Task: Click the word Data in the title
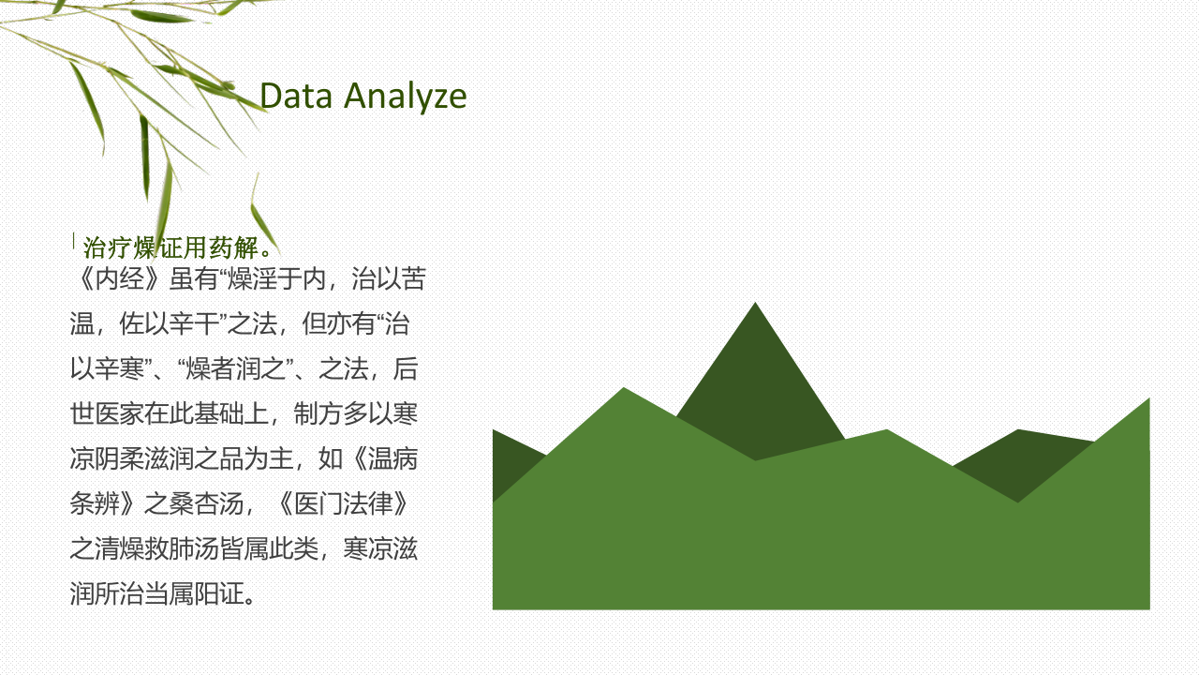tap(296, 96)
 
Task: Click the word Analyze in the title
tap(406, 97)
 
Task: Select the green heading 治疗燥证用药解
tap(171, 247)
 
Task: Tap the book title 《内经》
tap(119, 278)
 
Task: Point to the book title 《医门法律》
tap(344, 504)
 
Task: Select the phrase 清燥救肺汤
tap(155, 548)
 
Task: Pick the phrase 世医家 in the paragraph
tap(107, 414)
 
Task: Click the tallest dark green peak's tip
tap(755, 303)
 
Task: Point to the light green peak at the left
tap(624, 388)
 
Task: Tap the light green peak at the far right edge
tap(1149, 398)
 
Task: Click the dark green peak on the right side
tap(1018, 430)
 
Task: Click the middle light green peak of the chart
tap(886, 430)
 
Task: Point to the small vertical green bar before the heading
tap(74, 241)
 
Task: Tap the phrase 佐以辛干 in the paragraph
tap(168, 324)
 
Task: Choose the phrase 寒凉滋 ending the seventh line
tap(380, 548)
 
